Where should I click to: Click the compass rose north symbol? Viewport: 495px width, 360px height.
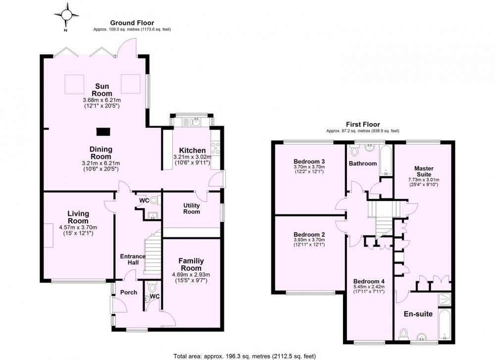pyautogui.click(x=66, y=16)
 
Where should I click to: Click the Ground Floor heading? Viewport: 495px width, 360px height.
pyautogui.click(x=132, y=23)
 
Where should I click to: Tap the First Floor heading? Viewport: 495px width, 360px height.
pyautogui.click(x=363, y=124)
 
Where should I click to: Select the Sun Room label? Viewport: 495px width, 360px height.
pyautogui.click(x=102, y=90)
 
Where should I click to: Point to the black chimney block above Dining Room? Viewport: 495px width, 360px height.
pyautogui.click(x=103, y=132)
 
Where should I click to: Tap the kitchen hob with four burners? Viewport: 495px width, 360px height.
pyautogui.click(x=215, y=148)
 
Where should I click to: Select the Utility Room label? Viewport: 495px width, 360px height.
pyautogui.click(x=192, y=208)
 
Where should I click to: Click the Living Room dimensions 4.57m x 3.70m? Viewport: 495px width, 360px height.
pyautogui.click(x=78, y=227)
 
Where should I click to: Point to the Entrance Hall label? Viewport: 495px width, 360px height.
pyautogui.click(x=133, y=259)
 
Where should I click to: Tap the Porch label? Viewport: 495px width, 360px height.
pyautogui.click(x=129, y=293)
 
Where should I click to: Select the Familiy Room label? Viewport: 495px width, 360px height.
pyautogui.click(x=191, y=264)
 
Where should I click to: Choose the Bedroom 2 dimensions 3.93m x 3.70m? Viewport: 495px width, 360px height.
pyautogui.click(x=309, y=240)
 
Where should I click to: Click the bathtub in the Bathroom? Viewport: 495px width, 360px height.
pyautogui.click(x=386, y=160)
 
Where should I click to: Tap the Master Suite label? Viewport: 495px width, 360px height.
pyautogui.click(x=424, y=171)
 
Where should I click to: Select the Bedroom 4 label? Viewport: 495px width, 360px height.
pyautogui.click(x=369, y=281)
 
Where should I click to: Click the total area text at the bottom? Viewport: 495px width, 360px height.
pyautogui.click(x=245, y=356)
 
